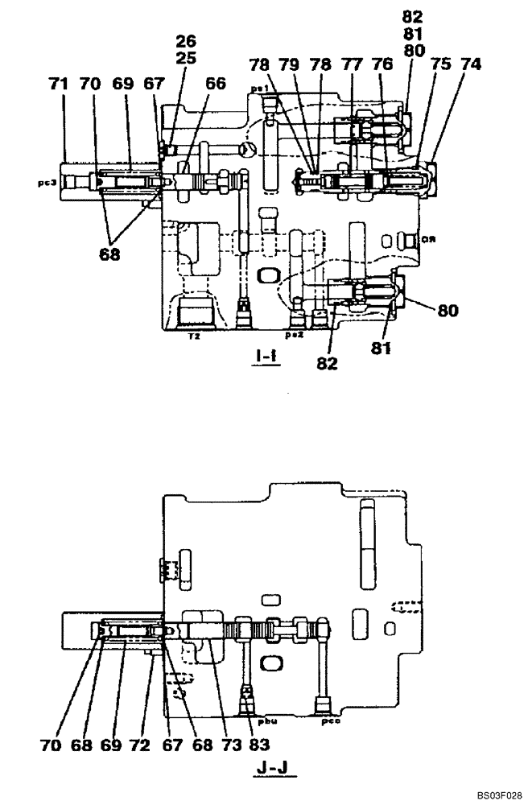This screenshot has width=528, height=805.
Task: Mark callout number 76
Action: click(x=382, y=66)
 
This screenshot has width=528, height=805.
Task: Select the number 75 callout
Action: click(x=439, y=66)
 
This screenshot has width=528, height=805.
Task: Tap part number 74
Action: click(x=471, y=66)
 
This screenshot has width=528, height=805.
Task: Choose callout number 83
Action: click(x=257, y=745)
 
